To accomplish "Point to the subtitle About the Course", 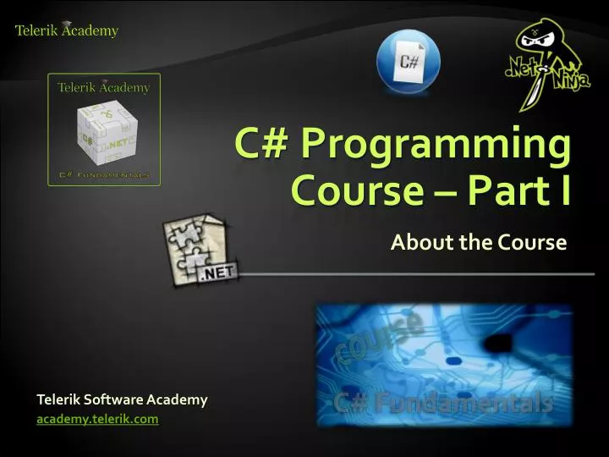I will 478,243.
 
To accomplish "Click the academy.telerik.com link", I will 97,418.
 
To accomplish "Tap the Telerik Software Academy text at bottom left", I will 122,399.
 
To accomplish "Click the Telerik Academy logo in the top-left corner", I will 67,30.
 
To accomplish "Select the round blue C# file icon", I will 409,60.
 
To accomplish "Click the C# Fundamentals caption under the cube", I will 104,175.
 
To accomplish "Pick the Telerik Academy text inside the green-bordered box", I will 103,87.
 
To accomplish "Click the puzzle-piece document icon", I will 200,250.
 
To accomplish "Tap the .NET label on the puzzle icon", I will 218,272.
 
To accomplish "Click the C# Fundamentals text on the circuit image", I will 443,404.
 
